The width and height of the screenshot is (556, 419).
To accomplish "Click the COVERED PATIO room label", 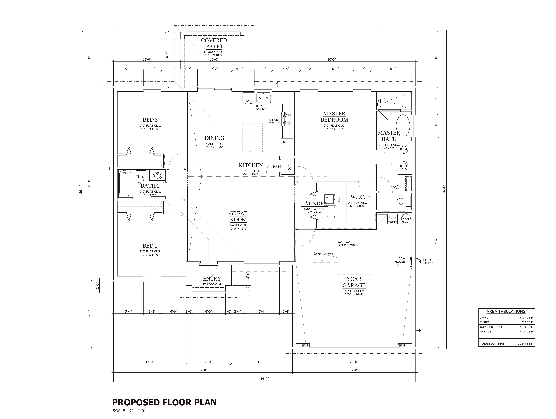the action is pos(214,43).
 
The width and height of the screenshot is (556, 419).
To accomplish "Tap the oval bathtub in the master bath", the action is pos(403,125).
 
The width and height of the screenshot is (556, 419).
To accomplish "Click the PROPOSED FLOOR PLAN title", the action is pos(164,402).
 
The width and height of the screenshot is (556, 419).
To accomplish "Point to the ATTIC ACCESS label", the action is pos(323,254).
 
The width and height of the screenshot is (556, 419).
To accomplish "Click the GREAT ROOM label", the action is pos(238,216).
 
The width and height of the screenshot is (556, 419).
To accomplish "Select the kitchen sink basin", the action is pos(263,97).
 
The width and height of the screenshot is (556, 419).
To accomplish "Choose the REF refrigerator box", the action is pos(287,147).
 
